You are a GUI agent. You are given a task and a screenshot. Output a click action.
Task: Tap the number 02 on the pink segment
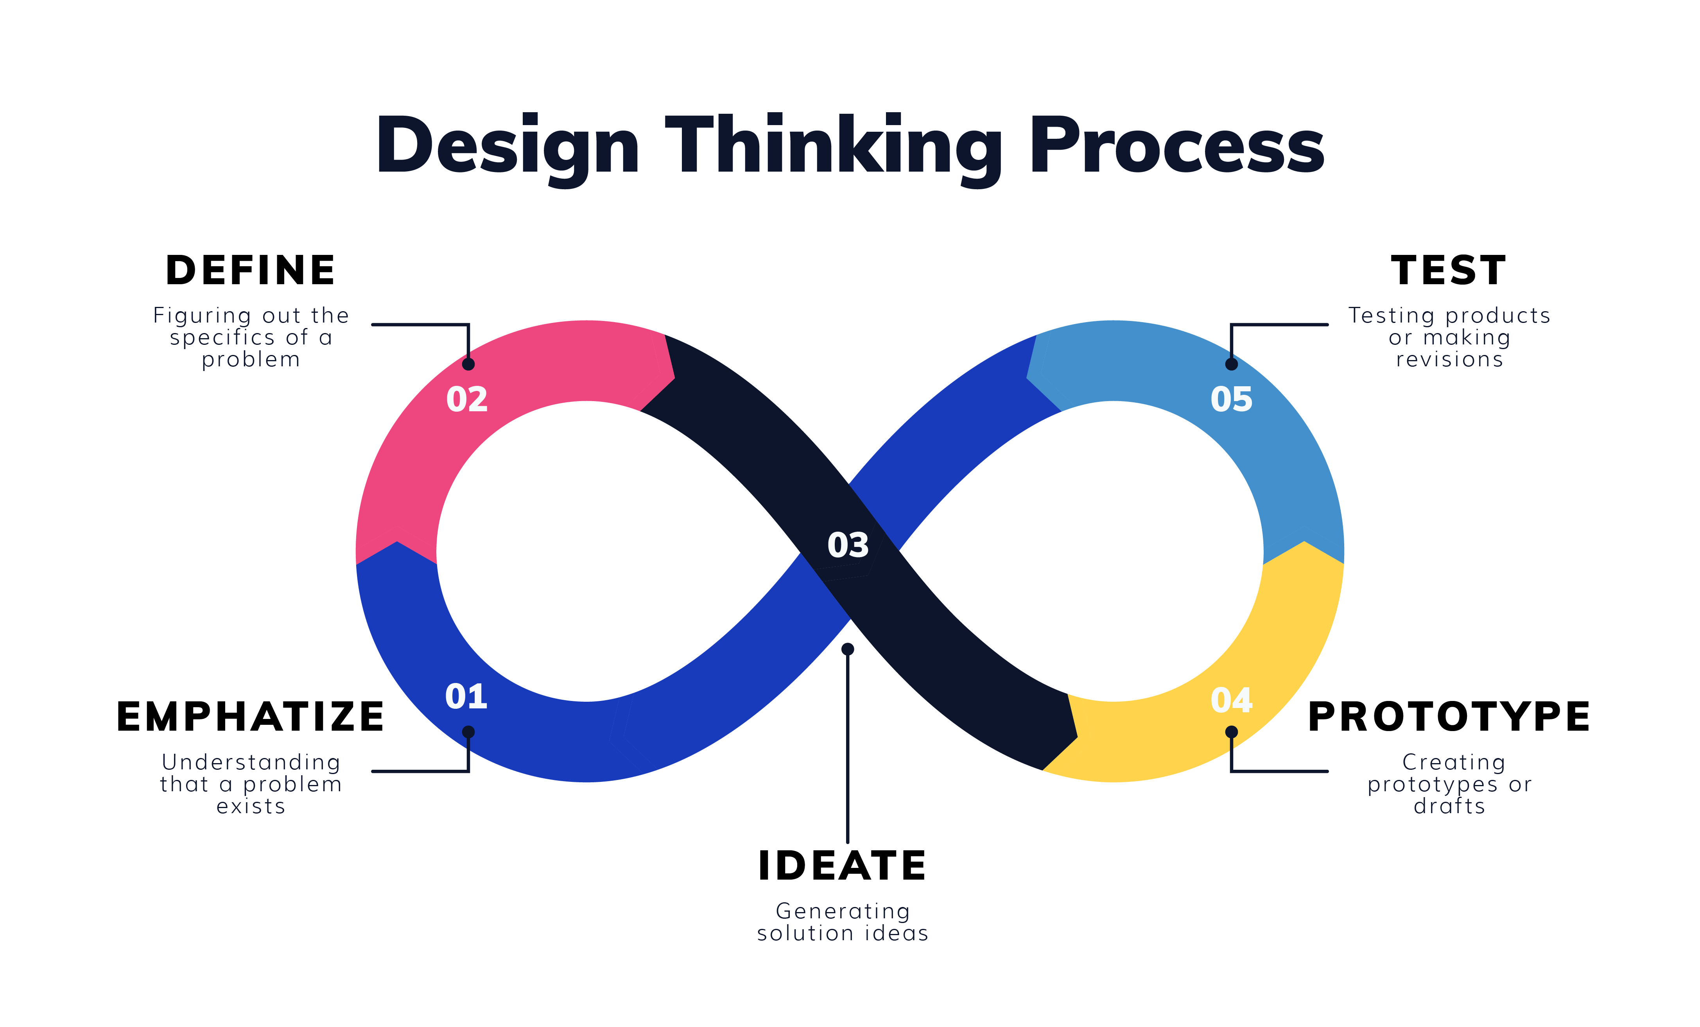tap(467, 400)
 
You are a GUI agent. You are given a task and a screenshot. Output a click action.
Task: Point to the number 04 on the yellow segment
tap(1232, 700)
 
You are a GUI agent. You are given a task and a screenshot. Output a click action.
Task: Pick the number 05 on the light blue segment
tap(1232, 400)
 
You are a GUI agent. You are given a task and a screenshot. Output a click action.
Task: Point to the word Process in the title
tap(1176, 146)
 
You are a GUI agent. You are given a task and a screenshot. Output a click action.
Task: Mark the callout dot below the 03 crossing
tap(848, 649)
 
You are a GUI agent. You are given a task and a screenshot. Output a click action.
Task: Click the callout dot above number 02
tap(468, 364)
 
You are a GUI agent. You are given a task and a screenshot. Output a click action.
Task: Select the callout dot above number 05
tap(1232, 364)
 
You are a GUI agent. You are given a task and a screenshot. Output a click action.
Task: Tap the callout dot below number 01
tap(468, 732)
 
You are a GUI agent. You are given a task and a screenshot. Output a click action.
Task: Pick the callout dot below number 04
tap(1232, 732)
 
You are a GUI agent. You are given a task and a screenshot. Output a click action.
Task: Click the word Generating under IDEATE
tap(843, 911)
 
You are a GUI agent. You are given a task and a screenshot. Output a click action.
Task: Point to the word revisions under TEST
tap(1449, 359)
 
